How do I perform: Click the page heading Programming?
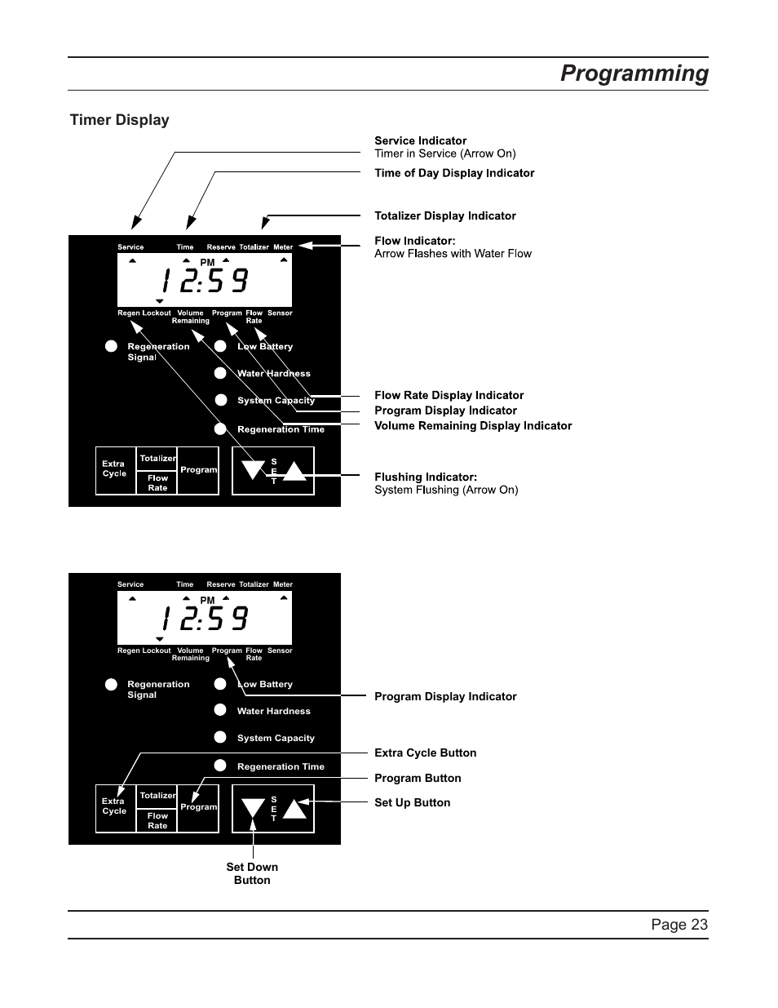pyautogui.click(x=634, y=73)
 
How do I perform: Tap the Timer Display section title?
pyautogui.click(x=119, y=120)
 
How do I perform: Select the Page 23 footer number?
pyautogui.click(x=679, y=924)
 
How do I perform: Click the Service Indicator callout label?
pyautogui.click(x=420, y=140)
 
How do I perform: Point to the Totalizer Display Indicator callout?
pyautogui.click(x=444, y=215)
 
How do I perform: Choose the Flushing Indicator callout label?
pyautogui.click(x=425, y=477)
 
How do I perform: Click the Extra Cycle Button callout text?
pyautogui.click(x=425, y=753)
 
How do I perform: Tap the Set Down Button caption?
pyautogui.click(x=252, y=873)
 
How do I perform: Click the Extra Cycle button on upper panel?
pyautogui.click(x=115, y=469)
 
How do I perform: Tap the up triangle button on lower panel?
pyautogui.click(x=294, y=808)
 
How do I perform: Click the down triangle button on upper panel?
pyautogui.click(x=254, y=469)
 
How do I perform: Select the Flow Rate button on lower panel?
pyautogui.click(x=157, y=820)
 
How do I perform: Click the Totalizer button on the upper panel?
pyautogui.click(x=157, y=459)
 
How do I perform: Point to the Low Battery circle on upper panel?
pyautogui.click(x=220, y=346)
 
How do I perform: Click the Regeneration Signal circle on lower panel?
pyautogui.click(x=111, y=684)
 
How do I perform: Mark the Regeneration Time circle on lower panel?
pyautogui.click(x=220, y=766)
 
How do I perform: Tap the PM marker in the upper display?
pyautogui.click(x=207, y=262)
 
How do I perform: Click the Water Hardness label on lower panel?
pyautogui.click(x=273, y=711)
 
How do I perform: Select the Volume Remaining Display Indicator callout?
pyautogui.click(x=473, y=425)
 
